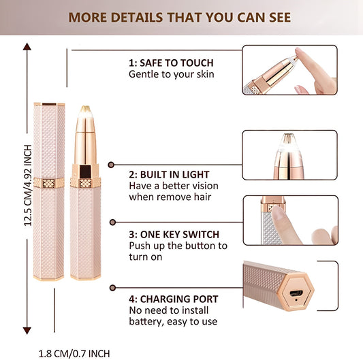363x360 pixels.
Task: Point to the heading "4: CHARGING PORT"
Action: click(174, 298)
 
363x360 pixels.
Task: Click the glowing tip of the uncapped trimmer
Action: click(86, 110)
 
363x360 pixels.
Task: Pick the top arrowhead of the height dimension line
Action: click(27, 46)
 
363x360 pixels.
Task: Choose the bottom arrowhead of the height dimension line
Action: click(27, 330)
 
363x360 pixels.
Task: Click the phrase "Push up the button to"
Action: click(178, 245)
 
